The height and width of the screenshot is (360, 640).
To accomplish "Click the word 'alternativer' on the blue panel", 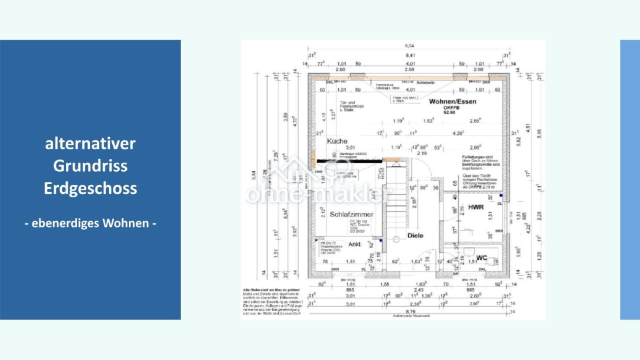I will click(x=90, y=144).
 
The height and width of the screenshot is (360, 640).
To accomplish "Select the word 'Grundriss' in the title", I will click(x=90, y=166).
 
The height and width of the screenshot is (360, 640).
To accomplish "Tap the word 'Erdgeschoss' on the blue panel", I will click(x=90, y=188).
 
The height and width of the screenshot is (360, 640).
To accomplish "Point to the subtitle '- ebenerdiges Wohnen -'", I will click(x=90, y=223).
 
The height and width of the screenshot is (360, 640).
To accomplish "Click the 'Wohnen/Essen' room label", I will click(x=452, y=101).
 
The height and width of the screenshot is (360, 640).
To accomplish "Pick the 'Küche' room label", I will click(x=337, y=141).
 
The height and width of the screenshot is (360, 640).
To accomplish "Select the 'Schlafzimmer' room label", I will click(x=351, y=214).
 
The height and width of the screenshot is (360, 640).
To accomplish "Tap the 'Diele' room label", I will click(x=415, y=236).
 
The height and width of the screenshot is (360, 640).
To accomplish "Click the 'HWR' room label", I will click(x=476, y=207).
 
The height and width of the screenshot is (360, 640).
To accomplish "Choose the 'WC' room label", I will click(x=482, y=258).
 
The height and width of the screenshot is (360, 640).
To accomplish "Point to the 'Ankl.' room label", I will click(x=355, y=244).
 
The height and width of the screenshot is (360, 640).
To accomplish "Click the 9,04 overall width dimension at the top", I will click(x=409, y=46).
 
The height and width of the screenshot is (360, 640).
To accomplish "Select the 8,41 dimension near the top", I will click(x=410, y=56).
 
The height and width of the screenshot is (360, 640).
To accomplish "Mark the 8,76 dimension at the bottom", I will click(x=410, y=311).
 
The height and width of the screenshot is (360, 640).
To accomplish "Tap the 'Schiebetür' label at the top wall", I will click(x=425, y=82).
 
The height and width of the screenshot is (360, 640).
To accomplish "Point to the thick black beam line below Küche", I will click(x=349, y=161).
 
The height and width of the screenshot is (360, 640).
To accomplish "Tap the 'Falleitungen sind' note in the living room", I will click(x=477, y=157).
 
